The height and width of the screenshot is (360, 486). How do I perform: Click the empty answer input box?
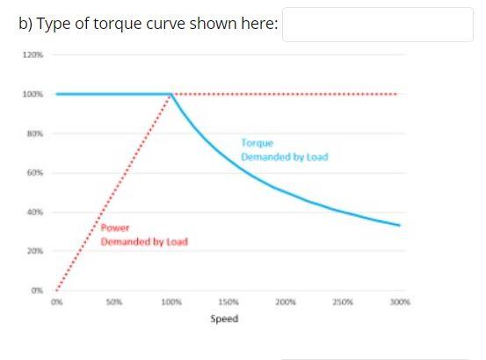(378, 25)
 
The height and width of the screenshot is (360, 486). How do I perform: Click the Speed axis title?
(223, 318)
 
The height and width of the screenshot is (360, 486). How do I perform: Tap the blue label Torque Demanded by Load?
(283, 149)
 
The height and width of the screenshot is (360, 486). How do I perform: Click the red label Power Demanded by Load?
(143, 234)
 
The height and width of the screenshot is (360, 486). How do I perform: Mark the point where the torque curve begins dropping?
(171, 94)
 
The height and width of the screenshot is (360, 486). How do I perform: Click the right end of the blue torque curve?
(399, 226)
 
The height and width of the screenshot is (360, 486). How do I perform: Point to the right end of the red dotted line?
(397, 94)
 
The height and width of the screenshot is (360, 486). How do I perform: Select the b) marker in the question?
(25, 24)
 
